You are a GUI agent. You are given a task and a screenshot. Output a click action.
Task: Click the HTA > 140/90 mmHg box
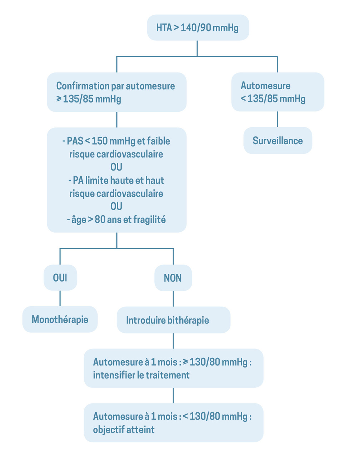[x=198, y=27]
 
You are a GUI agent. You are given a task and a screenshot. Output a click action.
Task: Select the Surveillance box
[x=278, y=141]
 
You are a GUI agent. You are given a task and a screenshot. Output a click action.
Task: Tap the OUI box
[x=60, y=278]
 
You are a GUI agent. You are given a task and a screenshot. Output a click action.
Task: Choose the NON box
[x=173, y=278]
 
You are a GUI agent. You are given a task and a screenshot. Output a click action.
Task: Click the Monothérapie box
[x=60, y=319]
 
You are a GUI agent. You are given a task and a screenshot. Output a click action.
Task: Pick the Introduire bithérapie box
[x=173, y=320]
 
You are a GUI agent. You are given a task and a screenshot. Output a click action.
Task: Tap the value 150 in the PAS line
[x=100, y=141]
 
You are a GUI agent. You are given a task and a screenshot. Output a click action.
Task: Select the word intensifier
[x=114, y=375]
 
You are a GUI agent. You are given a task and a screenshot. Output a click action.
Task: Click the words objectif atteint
[x=124, y=430]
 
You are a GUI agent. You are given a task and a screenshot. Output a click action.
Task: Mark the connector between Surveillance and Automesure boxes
[x=278, y=119]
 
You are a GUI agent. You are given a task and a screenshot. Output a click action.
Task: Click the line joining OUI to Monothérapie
[x=60, y=298]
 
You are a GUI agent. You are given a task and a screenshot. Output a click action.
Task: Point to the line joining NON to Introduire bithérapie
[x=173, y=298]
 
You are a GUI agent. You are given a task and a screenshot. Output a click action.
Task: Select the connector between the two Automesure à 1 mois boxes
[x=173, y=395]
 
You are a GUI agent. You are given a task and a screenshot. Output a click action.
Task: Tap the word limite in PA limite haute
[x=97, y=180]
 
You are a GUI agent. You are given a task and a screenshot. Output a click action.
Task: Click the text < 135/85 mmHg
[x=273, y=99]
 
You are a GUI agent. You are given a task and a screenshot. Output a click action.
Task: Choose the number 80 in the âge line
[x=100, y=220]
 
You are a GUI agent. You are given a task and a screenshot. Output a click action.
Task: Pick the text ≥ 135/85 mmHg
[x=89, y=99]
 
